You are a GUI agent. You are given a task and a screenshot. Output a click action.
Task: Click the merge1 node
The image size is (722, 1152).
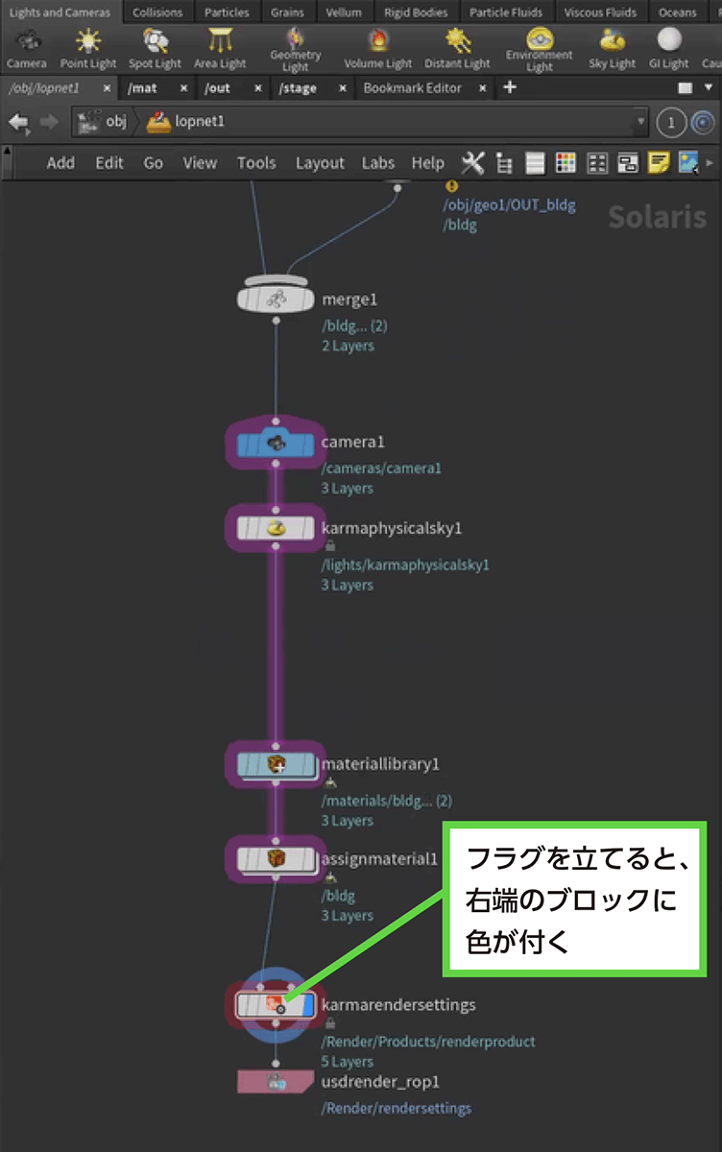[276, 300]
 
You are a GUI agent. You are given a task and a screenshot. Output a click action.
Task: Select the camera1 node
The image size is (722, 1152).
[276, 444]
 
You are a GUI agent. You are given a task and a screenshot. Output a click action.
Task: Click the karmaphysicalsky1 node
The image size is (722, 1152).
[276, 528]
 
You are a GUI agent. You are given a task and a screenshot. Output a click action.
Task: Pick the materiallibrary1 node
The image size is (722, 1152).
[276, 764]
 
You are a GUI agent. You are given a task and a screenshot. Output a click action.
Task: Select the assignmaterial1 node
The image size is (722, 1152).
[276, 858]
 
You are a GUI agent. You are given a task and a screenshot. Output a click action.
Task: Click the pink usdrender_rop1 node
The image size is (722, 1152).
[276, 1082]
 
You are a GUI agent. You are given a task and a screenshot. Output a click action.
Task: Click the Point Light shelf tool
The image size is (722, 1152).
[87, 48]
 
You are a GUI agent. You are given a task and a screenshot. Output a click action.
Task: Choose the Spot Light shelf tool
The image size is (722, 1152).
[155, 48]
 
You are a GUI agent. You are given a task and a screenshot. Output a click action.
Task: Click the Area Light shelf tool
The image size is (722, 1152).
[220, 48]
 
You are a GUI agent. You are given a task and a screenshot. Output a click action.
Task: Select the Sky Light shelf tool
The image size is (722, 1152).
[612, 48]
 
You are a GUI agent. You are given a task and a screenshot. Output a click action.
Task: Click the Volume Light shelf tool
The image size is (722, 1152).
[377, 48]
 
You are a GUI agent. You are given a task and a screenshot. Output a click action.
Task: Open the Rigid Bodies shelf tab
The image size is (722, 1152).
[416, 12]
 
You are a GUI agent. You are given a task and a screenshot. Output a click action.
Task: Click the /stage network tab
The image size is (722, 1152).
[299, 87]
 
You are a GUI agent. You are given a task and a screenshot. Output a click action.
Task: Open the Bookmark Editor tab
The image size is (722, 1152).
[412, 87]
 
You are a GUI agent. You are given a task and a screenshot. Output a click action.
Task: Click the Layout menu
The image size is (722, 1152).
[320, 163]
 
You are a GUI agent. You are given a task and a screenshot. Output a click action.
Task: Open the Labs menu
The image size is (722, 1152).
[378, 163]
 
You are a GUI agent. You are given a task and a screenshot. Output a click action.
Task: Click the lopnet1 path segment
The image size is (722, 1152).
[199, 122]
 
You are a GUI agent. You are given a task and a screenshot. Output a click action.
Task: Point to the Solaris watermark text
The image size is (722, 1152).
[657, 216]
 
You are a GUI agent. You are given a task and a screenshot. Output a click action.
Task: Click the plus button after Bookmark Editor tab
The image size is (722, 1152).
[510, 87]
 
